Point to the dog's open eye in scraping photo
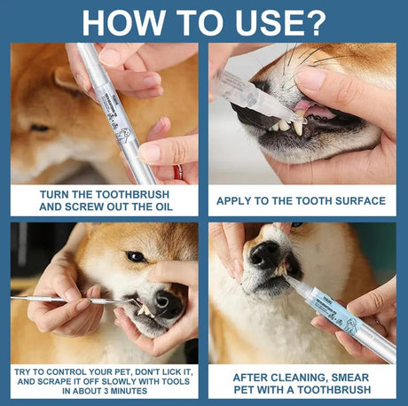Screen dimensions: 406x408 [x=135, y=256]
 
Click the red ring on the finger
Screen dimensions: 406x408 [x=177, y=170]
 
